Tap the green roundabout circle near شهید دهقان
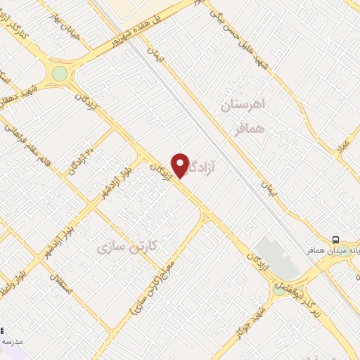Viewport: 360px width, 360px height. [x=60, y=73]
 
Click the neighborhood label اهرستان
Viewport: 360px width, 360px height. [x=242, y=106]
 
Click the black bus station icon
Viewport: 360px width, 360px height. [x=335, y=238]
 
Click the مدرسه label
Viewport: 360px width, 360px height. [x=10, y=340]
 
